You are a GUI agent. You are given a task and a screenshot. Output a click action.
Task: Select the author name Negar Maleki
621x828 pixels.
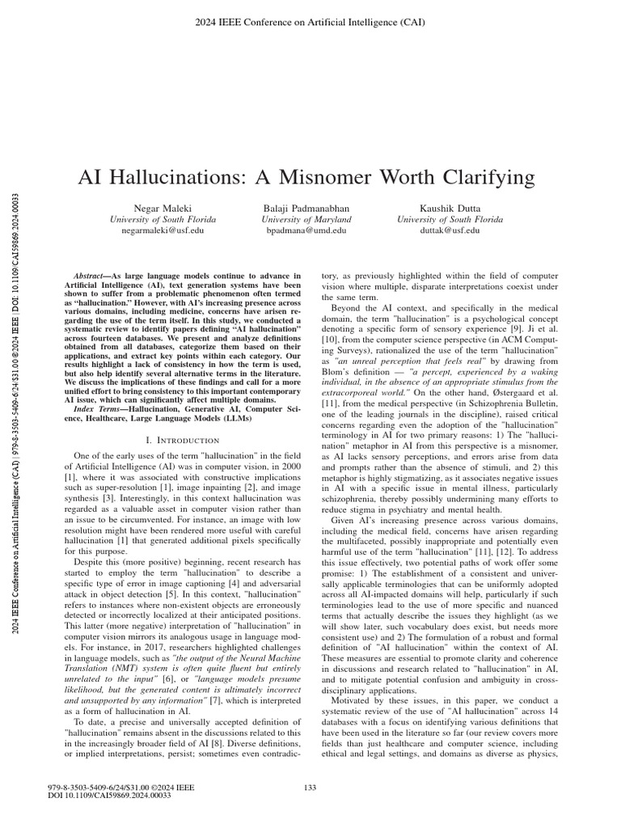[x=156, y=207]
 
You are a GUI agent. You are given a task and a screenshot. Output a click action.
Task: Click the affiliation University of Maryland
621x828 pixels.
[x=306, y=219]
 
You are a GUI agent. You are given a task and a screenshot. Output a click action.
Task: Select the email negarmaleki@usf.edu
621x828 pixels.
[x=156, y=230]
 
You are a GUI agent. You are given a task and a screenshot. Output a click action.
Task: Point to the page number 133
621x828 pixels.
[x=310, y=788]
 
